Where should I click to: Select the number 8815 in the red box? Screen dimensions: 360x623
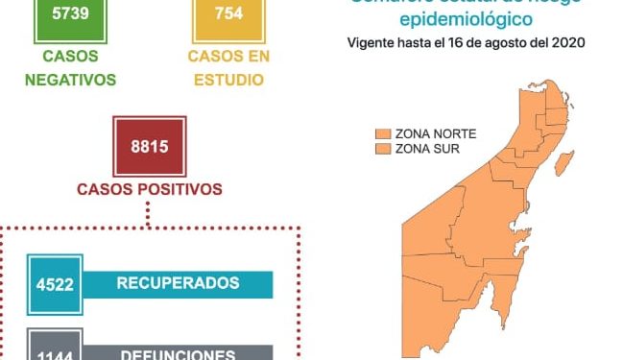click(148, 145)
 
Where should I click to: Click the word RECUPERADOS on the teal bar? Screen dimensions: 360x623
click(178, 283)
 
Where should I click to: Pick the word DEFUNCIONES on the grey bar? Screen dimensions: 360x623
click(178, 353)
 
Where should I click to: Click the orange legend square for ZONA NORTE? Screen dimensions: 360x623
click(382, 133)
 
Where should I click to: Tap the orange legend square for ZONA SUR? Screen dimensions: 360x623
click(382, 149)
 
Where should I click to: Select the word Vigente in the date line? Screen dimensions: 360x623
click(371, 43)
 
